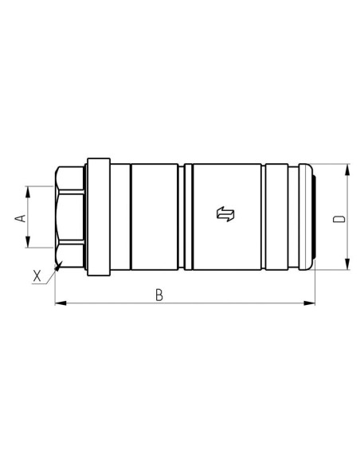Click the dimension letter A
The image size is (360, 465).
click(22, 217)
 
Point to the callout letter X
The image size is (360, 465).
click(37, 276)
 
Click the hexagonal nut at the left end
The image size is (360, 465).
click(69, 217)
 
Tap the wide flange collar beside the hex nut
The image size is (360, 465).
click(97, 217)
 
